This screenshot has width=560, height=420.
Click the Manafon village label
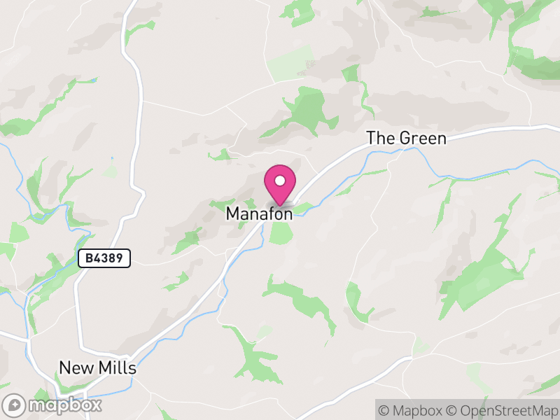259,214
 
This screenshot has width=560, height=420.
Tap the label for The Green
406,139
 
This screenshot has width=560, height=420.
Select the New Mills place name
97,368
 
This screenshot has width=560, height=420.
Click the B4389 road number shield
104,258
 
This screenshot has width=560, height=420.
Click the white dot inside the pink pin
280,181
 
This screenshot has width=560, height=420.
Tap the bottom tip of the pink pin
280,206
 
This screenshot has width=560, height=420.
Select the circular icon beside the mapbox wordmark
15,405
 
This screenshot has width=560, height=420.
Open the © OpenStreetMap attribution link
501,409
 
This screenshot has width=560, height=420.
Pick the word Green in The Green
422,139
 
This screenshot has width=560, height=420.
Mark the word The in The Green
381,139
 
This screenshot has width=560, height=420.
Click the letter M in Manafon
233,214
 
